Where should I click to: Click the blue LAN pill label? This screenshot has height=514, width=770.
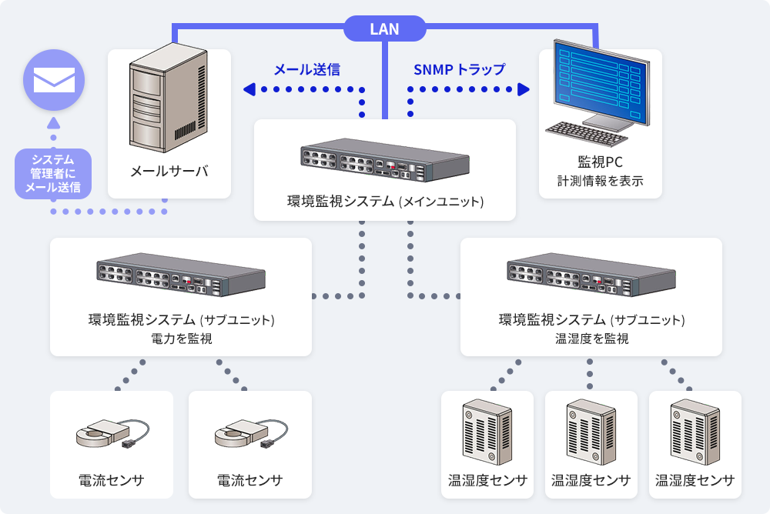(x=384, y=29)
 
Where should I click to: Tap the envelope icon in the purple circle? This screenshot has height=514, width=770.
(x=54, y=79)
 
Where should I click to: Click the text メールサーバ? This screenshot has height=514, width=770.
(x=169, y=171)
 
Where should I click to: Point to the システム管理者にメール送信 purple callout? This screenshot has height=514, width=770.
(x=53, y=173)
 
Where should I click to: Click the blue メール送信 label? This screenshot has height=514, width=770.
(x=307, y=69)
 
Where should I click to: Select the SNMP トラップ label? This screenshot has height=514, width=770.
(x=460, y=69)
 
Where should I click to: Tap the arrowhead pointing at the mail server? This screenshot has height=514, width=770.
(x=249, y=90)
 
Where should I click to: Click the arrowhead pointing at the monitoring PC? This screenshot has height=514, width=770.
(x=524, y=90)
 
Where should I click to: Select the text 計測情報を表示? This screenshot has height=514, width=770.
(x=600, y=182)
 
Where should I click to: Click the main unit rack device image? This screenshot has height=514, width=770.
(x=384, y=162)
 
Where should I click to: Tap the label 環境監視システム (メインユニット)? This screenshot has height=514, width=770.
(x=385, y=202)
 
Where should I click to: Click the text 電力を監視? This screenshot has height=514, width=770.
(x=181, y=338)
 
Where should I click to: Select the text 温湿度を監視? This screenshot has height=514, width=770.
(x=591, y=338)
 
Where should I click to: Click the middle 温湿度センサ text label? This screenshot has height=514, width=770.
(x=591, y=481)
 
